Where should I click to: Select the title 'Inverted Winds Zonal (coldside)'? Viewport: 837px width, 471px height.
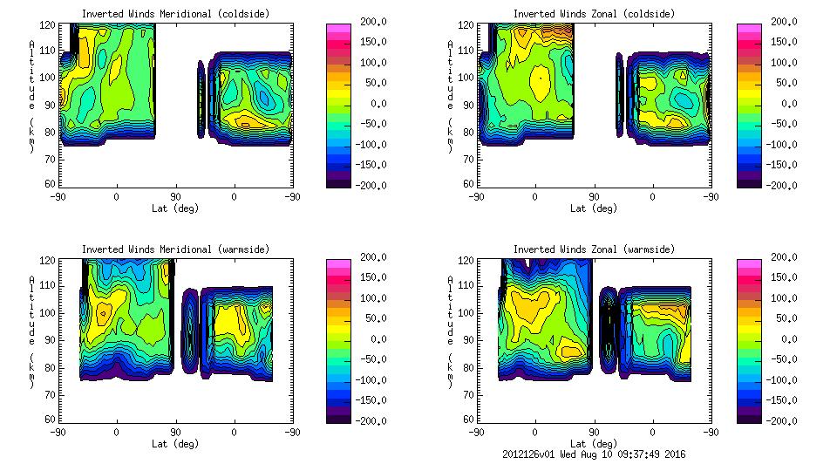click(x=594, y=14)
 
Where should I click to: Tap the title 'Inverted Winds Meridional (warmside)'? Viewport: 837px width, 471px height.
click(x=175, y=249)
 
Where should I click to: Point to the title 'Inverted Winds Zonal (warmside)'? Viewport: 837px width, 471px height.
click(x=594, y=249)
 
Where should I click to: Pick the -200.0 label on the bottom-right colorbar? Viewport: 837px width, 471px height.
click(x=779, y=420)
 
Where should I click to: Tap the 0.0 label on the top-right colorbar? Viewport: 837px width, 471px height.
click(x=784, y=104)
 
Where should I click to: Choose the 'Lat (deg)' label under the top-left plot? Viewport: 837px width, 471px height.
click(x=175, y=208)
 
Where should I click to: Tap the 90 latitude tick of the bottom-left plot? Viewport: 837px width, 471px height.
click(x=175, y=432)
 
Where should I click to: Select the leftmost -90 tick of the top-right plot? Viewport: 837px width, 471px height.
click(x=477, y=197)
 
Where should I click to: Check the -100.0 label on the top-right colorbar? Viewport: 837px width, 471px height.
click(x=779, y=144)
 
